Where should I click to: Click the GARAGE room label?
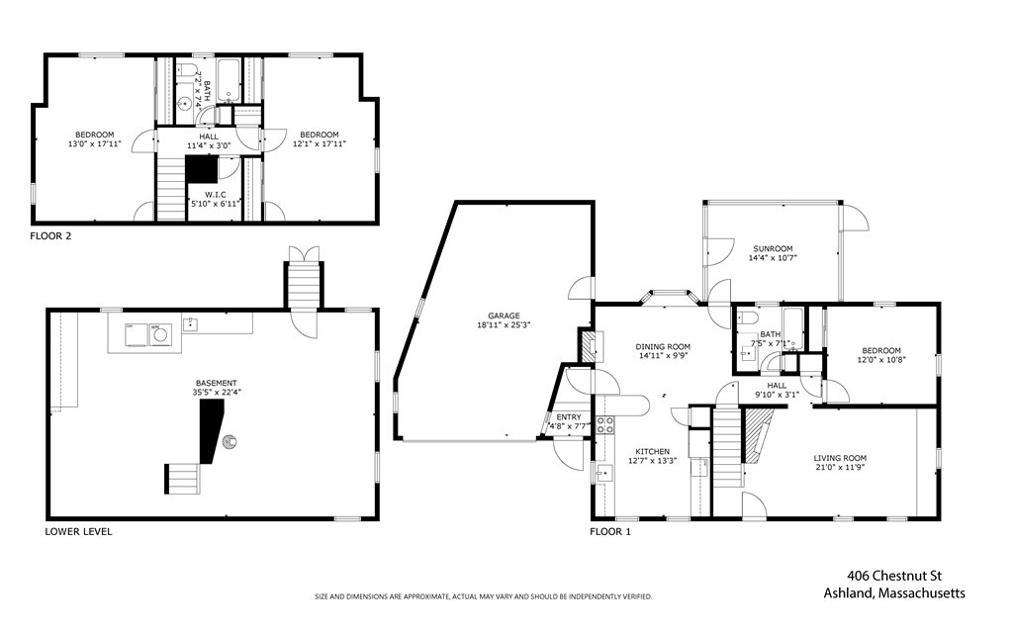tap(502, 316)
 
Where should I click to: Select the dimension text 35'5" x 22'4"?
tap(216, 393)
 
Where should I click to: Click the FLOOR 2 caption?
tap(51, 236)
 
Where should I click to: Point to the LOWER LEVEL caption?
tap(78, 531)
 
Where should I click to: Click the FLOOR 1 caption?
tap(610, 531)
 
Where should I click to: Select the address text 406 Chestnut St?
tap(893, 576)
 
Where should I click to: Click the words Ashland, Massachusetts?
tap(894, 593)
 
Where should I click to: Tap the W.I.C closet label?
tap(217, 194)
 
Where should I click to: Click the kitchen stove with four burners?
tap(604, 425)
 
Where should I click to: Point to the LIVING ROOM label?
tap(840, 458)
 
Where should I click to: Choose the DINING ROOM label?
tap(662, 347)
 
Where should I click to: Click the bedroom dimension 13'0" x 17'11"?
tap(95, 144)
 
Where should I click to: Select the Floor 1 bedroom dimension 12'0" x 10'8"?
tap(880, 359)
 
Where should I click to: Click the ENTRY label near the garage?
tap(569, 417)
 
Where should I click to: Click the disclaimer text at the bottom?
tap(483, 597)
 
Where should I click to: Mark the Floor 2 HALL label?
tap(209, 136)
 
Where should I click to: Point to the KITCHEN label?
tap(652, 451)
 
